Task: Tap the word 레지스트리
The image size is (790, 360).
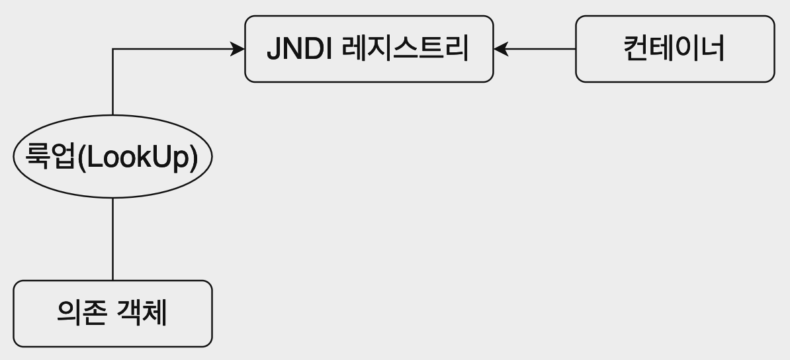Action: (406, 49)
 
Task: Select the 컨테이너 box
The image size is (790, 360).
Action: (674, 49)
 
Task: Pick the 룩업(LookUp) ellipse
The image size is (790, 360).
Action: (112, 157)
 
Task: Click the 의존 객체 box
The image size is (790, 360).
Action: (112, 314)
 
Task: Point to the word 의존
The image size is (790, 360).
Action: (81, 314)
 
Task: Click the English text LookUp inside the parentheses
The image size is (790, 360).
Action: (138, 157)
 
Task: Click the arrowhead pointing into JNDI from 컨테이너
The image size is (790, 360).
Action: (500, 49)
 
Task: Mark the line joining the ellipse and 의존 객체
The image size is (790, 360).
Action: (112, 238)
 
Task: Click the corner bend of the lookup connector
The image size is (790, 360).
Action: (112, 49)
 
